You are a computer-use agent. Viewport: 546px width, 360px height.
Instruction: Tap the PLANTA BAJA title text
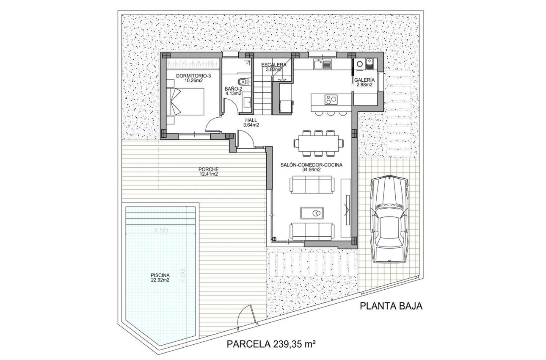point(391,306)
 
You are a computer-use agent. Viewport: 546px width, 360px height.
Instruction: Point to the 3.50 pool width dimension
point(161,230)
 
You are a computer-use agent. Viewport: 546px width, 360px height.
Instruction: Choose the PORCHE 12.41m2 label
point(208,171)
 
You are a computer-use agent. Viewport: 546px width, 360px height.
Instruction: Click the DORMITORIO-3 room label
point(193,78)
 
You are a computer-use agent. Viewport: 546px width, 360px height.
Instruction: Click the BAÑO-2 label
point(233,91)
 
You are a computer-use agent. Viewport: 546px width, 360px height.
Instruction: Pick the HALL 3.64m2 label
point(251,122)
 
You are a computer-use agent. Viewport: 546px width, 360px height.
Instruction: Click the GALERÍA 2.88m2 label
point(364,82)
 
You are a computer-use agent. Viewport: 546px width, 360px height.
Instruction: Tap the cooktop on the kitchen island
point(331,100)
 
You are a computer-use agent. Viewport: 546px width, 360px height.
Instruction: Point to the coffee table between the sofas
point(312,213)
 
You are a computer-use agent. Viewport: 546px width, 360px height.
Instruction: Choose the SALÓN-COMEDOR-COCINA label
point(311,167)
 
